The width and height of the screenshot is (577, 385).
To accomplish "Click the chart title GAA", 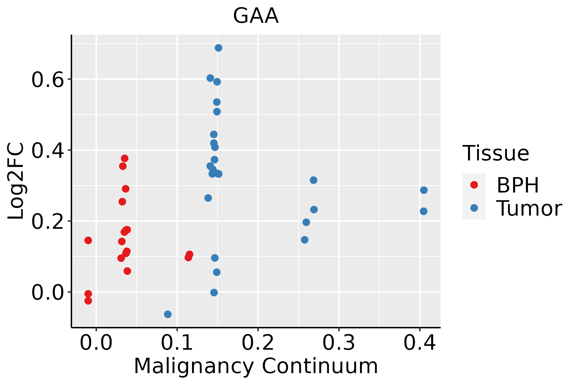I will pos(256,16).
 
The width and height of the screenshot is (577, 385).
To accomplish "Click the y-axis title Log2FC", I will pos(16,181).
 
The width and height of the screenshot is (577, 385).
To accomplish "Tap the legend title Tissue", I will pos(496,153).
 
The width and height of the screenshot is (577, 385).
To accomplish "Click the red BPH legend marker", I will pos(474,185).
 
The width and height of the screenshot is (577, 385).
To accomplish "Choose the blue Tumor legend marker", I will pos(474,208).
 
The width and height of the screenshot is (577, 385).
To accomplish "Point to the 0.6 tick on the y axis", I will pos(47,80).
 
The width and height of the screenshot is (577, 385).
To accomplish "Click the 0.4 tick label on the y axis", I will pos(47,151).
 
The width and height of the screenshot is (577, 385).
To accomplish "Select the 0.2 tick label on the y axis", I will pos(47,222).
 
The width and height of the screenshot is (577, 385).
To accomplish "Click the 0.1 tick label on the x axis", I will pos(177,343).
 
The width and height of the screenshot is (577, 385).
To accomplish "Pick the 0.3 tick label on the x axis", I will pos(339,343).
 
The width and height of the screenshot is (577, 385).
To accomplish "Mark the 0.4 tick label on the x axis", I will pos(419,343).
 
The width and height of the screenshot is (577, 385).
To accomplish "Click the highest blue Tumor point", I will pos(219,48).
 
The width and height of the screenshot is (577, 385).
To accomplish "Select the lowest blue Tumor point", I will pos(168,314).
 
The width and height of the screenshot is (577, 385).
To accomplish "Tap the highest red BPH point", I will pos(125,158).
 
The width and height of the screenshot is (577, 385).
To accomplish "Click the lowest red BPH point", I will pos(88,301).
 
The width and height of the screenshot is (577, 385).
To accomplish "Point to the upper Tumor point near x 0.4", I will pos(424,190).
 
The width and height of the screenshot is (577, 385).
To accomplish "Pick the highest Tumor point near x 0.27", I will pos(314,180).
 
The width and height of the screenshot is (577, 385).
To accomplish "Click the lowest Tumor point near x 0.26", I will pos(305,240).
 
